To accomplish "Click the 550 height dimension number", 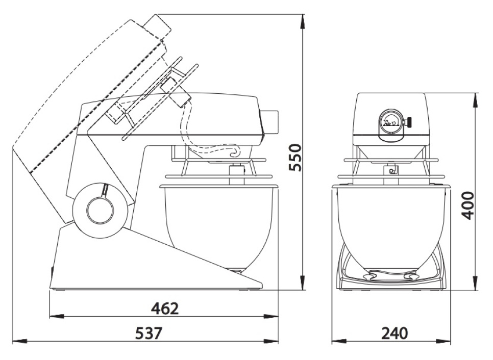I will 295,158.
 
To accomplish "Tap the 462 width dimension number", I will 165,308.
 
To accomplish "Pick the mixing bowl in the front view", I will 390,224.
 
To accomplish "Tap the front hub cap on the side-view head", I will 272,121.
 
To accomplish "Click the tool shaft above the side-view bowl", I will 236,174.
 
